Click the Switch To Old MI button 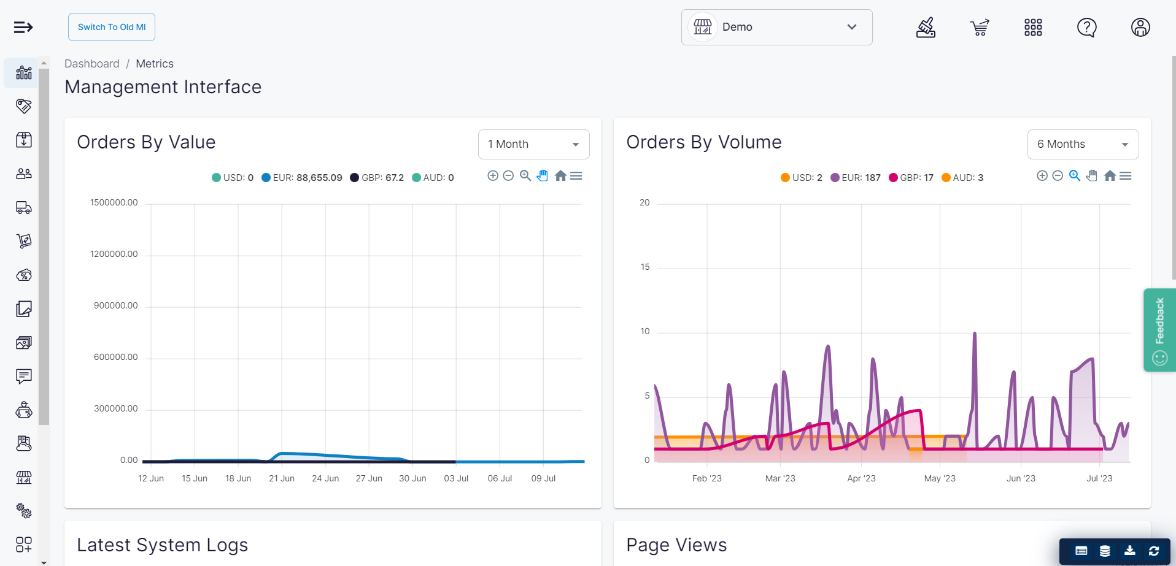click(x=112, y=27)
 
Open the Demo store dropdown click(x=776, y=27)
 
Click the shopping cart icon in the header click(x=980, y=28)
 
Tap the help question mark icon click(x=1086, y=28)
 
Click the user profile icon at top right click(x=1140, y=28)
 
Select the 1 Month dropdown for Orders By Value click(x=533, y=144)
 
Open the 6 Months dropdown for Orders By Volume click(x=1083, y=144)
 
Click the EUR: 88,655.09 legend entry click(x=302, y=178)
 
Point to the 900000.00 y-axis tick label click(x=115, y=305)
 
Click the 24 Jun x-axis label click(x=325, y=478)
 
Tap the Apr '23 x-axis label click(x=861, y=478)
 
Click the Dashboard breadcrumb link click(x=92, y=64)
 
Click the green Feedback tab click(x=1159, y=330)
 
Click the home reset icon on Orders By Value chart click(x=560, y=176)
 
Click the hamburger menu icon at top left click(x=23, y=27)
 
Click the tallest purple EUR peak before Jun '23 click(x=975, y=334)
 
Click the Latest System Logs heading click(x=162, y=545)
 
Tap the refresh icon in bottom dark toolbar click(x=1154, y=551)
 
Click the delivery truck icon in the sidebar click(x=24, y=208)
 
